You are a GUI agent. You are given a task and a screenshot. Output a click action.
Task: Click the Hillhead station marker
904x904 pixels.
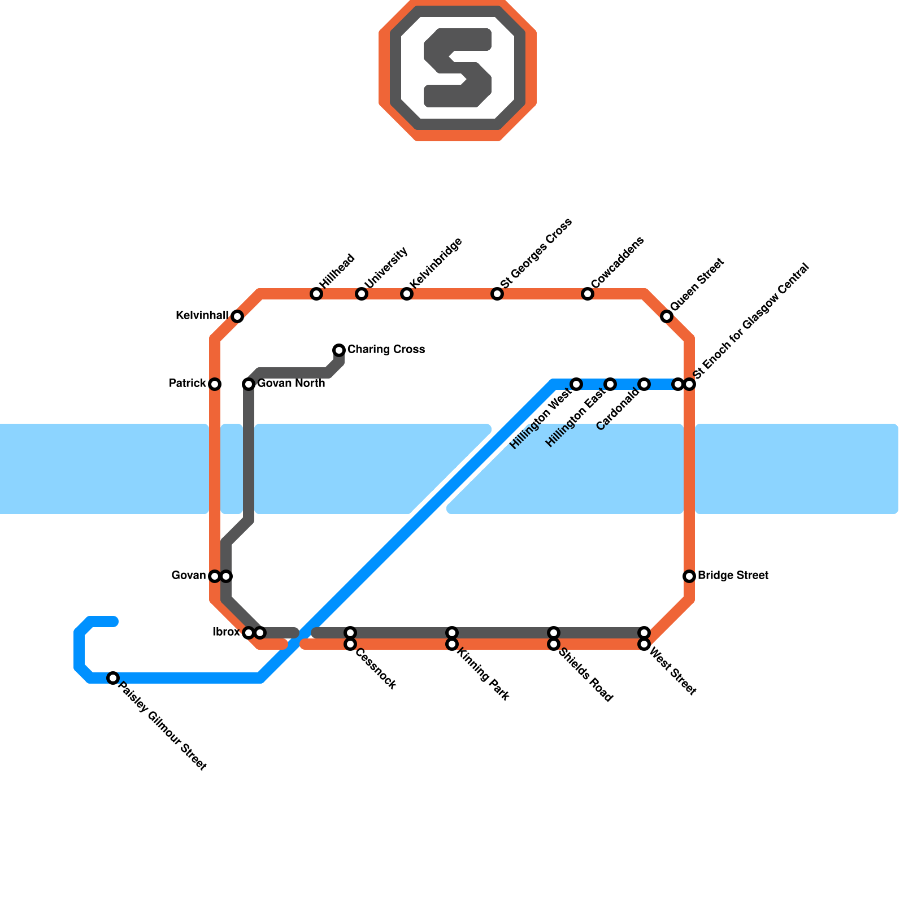pos(316,294)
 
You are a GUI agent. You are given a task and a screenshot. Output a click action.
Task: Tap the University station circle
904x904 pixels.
pos(362,294)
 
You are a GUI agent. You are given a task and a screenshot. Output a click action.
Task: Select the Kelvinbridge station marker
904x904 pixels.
pos(407,294)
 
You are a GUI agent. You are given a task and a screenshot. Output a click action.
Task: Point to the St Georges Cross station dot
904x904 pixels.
pos(497,294)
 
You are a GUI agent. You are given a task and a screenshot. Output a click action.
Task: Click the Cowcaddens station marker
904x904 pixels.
pos(588,294)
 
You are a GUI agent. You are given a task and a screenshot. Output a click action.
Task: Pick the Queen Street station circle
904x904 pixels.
pos(667,316)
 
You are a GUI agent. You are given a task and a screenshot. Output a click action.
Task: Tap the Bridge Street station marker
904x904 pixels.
pos(689,576)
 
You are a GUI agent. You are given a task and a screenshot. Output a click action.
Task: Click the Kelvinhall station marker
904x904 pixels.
pos(237,316)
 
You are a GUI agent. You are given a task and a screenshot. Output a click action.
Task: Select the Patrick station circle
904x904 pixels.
pos(215,384)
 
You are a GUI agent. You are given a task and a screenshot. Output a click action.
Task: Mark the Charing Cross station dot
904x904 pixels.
pos(339,350)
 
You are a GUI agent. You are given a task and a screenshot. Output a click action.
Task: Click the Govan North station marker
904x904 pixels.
pos(249,384)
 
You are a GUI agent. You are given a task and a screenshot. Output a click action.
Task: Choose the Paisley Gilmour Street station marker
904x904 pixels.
pos(113,678)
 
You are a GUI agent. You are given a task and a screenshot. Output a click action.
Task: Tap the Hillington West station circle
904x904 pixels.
pos(576,384)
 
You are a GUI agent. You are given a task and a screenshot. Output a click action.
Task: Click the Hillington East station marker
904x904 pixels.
pos(610,384)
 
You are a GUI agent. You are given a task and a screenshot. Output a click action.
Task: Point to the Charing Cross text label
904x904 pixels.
pos(386,350)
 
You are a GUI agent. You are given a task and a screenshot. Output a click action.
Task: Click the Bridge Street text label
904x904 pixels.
pos(733,576)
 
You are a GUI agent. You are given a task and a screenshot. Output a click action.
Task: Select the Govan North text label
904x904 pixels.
pos(291,384)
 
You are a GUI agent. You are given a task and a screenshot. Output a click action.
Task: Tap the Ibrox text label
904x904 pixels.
pos(226,632)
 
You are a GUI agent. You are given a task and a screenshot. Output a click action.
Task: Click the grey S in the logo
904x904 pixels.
pos(458,68)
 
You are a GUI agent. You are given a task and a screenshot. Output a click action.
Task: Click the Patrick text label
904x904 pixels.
pos(188,384)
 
